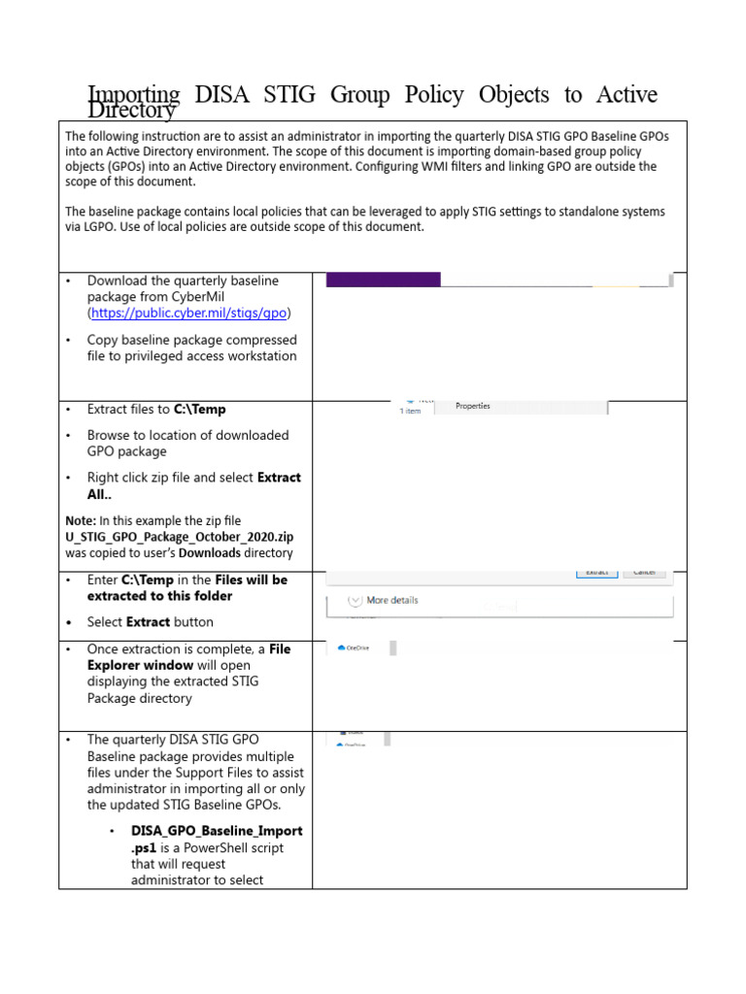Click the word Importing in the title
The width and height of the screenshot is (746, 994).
[134, 94]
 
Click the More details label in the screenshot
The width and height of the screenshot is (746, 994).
[392, 600]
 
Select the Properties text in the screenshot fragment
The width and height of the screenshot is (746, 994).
[473, 407]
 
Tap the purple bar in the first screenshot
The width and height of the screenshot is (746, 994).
[383, 280]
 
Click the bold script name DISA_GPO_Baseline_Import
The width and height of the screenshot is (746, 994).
[216, 831]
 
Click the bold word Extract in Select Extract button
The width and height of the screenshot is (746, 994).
[151, 622]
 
